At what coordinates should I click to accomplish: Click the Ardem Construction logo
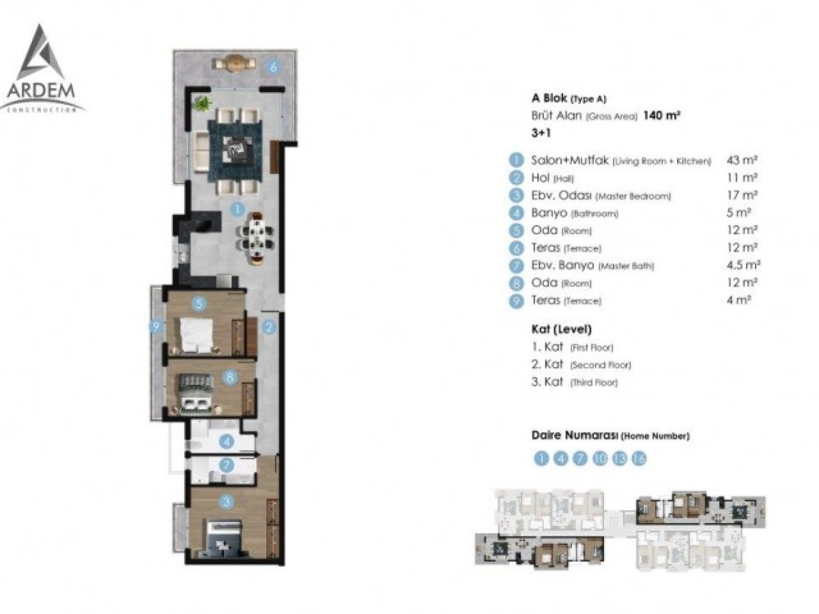point(42,69)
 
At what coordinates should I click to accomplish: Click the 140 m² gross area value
point(661,115)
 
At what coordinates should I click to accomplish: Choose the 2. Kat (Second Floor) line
point(581,364)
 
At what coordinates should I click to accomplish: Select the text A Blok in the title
point(549,98)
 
